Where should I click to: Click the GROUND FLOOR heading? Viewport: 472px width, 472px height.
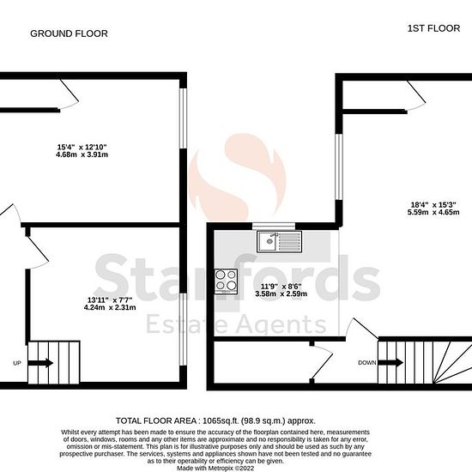[x=69, y=33]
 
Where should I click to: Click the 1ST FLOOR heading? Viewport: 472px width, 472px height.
[x=433, y=28]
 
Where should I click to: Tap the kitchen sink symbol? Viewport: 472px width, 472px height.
[x=279, y=241]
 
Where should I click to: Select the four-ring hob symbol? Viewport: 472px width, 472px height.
[x=226, y=281]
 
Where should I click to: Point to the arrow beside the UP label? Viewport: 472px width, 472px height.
[x=40, y=363]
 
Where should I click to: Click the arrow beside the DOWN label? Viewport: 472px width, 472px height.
[x=390, y=362]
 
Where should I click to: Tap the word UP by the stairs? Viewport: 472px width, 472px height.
[x=17, y=363]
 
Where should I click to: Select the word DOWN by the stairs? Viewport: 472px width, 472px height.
[x=367, y=363]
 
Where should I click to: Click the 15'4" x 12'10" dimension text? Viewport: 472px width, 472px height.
[x=82, y=148]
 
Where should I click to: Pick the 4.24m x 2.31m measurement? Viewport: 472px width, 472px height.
[x=110, y=307]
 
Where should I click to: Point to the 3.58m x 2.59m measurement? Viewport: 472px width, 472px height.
[x=281, y=293]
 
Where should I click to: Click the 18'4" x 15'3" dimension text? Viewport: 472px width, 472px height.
[x=433, y=205]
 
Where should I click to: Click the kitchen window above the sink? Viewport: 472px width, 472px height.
[x=274, y=226]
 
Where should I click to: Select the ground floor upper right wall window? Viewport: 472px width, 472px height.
[x=183, y=118]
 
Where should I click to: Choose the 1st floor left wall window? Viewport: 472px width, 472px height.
[x=339, y=166]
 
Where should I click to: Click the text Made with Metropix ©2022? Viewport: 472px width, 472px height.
[x=215, y=468]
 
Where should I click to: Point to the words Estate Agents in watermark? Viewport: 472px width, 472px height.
[x=236, y=324]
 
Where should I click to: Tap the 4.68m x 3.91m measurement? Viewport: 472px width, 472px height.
[x=82, y=154]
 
